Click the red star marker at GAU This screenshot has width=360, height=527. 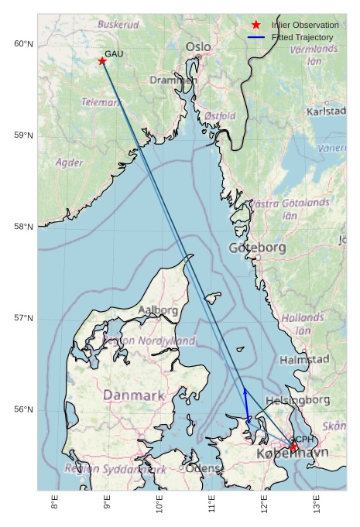102,61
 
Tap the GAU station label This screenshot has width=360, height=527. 114,53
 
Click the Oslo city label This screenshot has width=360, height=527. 198,47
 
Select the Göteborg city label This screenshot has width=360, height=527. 258,248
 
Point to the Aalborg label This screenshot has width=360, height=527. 158,310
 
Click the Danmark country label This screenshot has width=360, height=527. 134,395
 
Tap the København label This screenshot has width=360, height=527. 292,453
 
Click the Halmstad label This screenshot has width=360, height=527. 304,360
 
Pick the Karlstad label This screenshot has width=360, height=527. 326,111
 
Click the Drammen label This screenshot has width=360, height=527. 173,80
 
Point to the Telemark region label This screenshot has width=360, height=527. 101,101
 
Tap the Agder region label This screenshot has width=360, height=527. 70,163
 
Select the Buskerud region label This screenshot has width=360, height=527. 118,25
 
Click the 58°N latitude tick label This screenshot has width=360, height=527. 24,227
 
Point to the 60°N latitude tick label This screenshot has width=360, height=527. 24,43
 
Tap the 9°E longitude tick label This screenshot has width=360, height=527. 107,507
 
